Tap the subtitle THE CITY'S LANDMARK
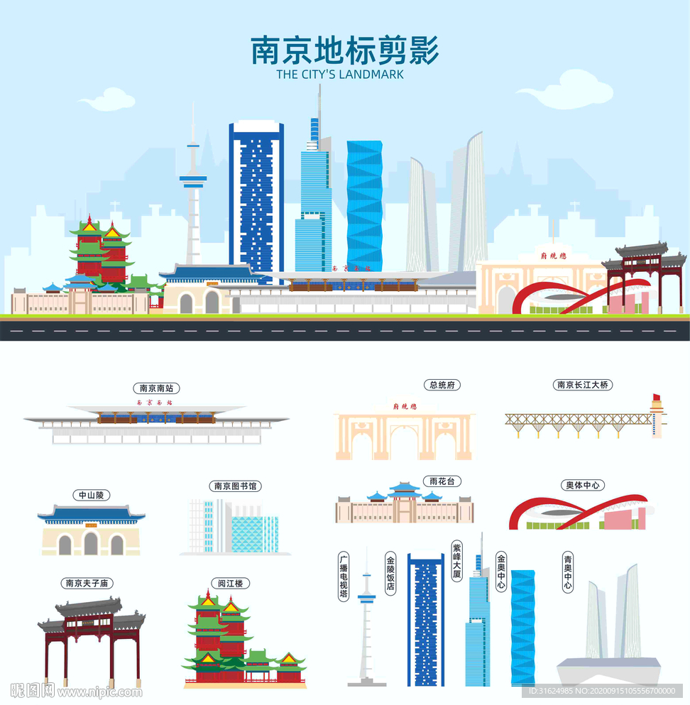tap(340, 74)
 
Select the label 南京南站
tap(156, 388)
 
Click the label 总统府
tap(442, 385)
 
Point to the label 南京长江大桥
tap(583, 385)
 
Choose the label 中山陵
tap(91, 495)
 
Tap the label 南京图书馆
tap(236, 486)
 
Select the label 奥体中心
tap(584, 486)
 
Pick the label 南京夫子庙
tap(89, 583)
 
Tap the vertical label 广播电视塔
tap(344, 576)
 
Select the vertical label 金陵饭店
tap(390, 574)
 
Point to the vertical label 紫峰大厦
tap(456, 561)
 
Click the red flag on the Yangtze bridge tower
tap(657, 397)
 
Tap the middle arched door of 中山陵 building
tap(91, 544)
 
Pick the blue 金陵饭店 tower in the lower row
tap(425, 621)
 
